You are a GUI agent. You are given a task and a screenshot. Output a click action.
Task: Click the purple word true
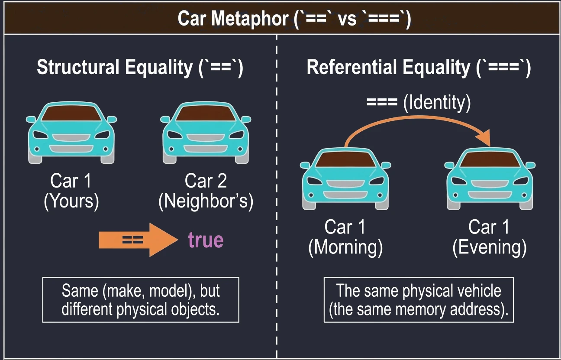click(x=206, y=240)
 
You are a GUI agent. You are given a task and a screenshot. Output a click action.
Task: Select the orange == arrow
click(x=138, y=240)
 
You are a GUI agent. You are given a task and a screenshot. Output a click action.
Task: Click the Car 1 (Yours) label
click(x=71, y=191)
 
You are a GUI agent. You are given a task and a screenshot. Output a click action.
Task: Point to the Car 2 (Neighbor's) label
click(x=206, y=191)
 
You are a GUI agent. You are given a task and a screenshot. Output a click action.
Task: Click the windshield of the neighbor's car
click(x=206, y=114)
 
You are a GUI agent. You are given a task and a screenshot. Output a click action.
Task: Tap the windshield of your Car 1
click(x=71, y=114)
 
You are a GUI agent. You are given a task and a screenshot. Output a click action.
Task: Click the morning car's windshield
click(x=345, y=159)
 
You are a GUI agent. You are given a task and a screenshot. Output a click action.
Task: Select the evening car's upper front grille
click(x=490, y=184)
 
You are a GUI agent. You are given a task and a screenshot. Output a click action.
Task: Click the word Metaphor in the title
click(x=250, y=19)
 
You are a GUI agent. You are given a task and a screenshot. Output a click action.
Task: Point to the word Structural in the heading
click(x=78, y=67)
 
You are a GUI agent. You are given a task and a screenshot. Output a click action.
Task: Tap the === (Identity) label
click(x=419, y=103)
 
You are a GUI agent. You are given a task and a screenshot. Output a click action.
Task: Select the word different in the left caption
click(x=87, y=309)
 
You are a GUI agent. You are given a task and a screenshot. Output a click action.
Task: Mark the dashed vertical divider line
click(x=277, y=196)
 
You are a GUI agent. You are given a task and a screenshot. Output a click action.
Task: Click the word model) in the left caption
click(x=173, y=291)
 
